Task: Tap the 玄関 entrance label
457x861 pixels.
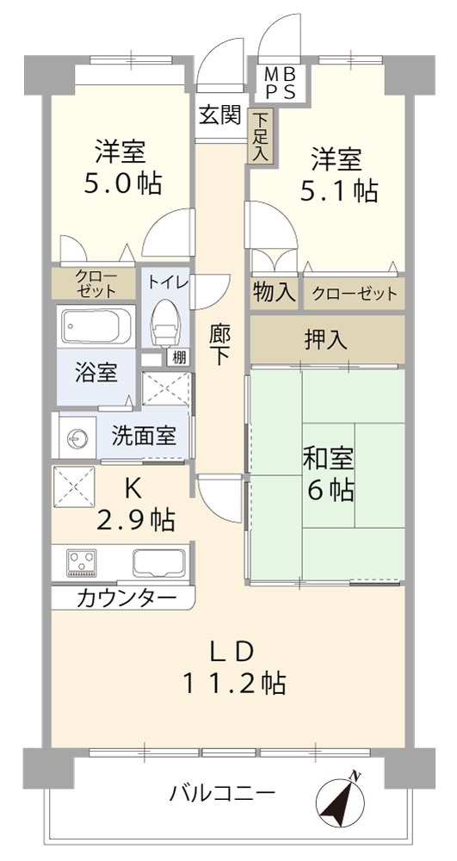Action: coord(219,115)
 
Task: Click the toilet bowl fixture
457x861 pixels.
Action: coord(165,324)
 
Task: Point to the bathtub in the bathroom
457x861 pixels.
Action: coord(95,326)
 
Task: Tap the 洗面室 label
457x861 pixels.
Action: coord(144,436)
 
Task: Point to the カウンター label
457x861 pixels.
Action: coord(127,599)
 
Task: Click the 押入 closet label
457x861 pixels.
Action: coord(326,339)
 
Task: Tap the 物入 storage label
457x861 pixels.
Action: coord(275,293)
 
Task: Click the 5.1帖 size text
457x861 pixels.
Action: coord(338,190)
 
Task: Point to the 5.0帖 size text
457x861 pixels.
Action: coord(122,183)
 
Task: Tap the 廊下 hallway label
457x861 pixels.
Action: coord(220,342)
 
